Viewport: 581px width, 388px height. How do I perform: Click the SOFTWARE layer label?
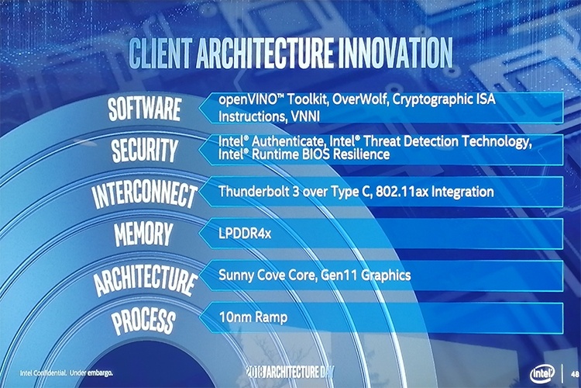[146, 111]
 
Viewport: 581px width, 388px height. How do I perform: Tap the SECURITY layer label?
[145, 151]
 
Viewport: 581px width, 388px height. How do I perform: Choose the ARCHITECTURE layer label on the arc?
[145, 276]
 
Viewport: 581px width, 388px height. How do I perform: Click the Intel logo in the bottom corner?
[541, 372]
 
